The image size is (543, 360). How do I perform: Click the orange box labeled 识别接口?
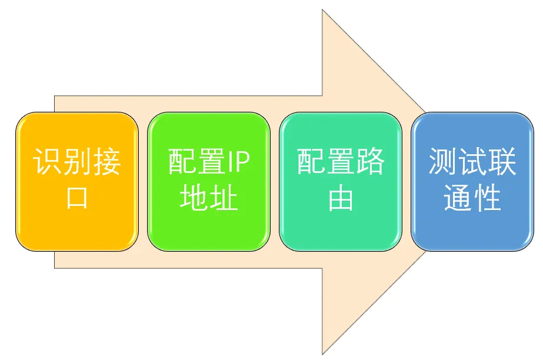coord(76,181)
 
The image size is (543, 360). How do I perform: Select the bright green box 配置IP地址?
coord(208,181)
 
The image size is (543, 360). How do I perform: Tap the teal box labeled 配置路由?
coord(340,181)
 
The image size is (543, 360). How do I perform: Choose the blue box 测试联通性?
coord(472,181)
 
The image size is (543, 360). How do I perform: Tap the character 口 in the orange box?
coord(76,199)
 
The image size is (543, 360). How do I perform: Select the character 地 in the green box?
coord(194,199)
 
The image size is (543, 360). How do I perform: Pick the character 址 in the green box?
coord(224,199)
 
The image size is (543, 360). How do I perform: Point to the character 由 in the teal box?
coord(340,199)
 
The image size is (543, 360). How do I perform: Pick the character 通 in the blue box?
coord(458,199)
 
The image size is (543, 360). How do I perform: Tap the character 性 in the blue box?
coord(487,199)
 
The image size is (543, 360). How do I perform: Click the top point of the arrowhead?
coord(323,11)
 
